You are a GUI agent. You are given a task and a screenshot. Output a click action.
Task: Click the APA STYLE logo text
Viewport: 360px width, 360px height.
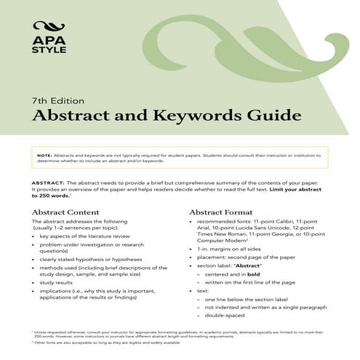[x=49, y=44]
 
